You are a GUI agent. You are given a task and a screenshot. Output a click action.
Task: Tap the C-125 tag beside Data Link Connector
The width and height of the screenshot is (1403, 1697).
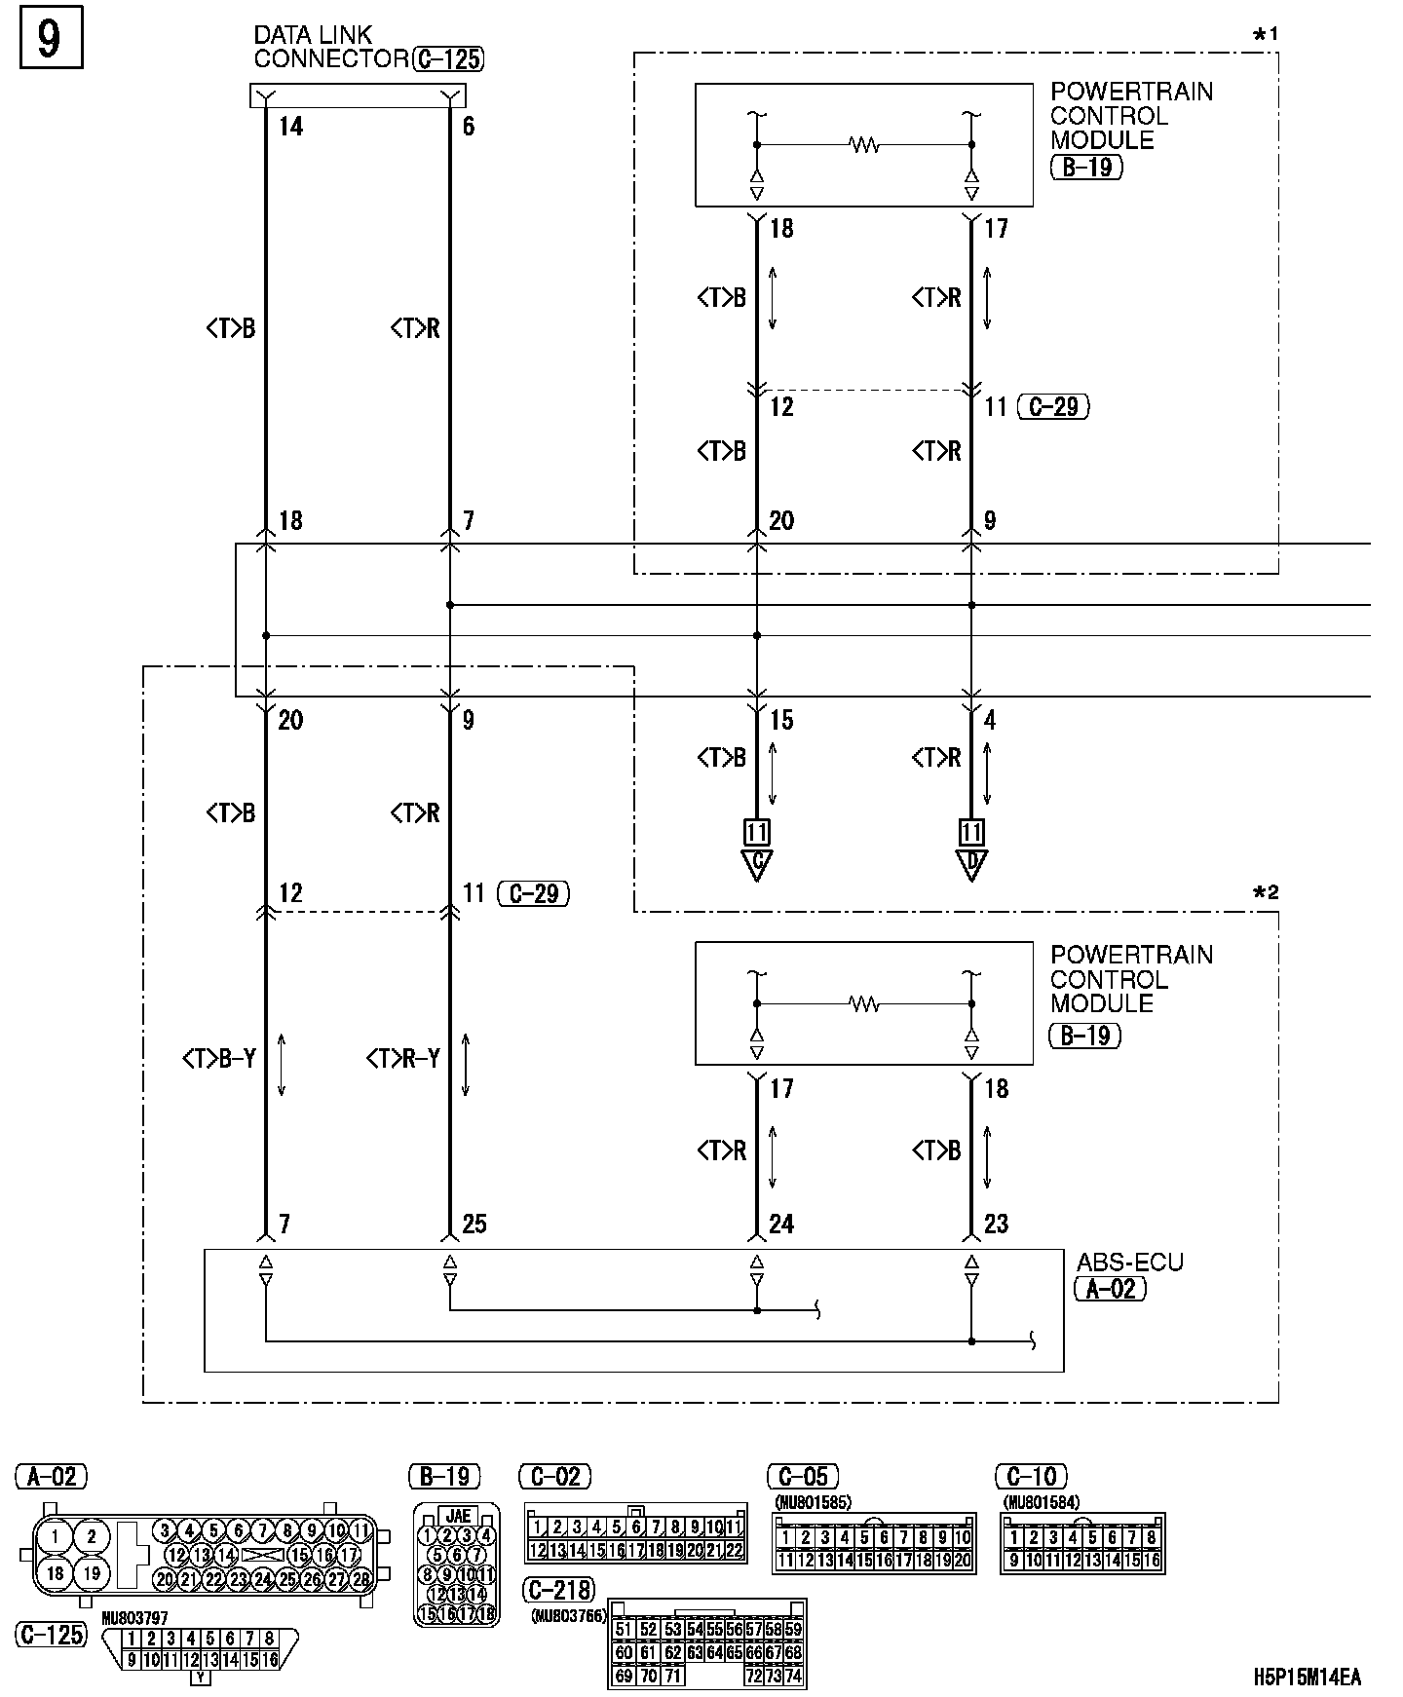448,59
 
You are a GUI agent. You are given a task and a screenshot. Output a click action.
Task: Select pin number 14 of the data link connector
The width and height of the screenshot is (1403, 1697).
290,127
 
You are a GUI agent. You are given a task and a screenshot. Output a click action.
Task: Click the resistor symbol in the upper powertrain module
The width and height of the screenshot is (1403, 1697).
864,145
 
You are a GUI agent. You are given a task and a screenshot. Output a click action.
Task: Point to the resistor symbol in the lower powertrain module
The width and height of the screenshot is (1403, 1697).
864,1003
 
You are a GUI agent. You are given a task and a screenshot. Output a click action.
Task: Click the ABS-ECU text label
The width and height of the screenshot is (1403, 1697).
1129,1263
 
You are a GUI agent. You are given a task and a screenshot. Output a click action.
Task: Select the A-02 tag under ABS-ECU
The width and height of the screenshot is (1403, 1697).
1110,1289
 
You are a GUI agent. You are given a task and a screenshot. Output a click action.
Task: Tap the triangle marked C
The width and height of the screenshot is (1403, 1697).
756,864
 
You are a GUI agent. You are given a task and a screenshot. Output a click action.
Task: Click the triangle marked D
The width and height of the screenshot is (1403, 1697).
971,864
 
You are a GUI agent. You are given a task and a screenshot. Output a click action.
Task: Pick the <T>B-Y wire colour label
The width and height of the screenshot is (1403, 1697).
219,1058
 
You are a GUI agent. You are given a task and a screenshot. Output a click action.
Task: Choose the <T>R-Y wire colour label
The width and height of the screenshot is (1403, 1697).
402,1058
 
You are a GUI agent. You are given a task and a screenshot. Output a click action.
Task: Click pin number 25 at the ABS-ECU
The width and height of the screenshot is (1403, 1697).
474,1225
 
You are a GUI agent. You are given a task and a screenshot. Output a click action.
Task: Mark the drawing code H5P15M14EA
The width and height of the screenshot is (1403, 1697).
1307,1677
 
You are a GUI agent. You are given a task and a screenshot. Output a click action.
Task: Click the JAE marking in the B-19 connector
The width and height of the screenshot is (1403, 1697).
458,1516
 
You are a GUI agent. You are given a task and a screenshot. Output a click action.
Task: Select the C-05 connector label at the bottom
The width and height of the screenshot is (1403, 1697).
803,1477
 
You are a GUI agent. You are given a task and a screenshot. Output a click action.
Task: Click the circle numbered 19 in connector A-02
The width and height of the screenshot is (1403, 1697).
92,1572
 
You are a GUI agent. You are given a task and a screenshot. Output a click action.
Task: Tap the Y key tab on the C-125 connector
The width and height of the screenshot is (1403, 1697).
200,1678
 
